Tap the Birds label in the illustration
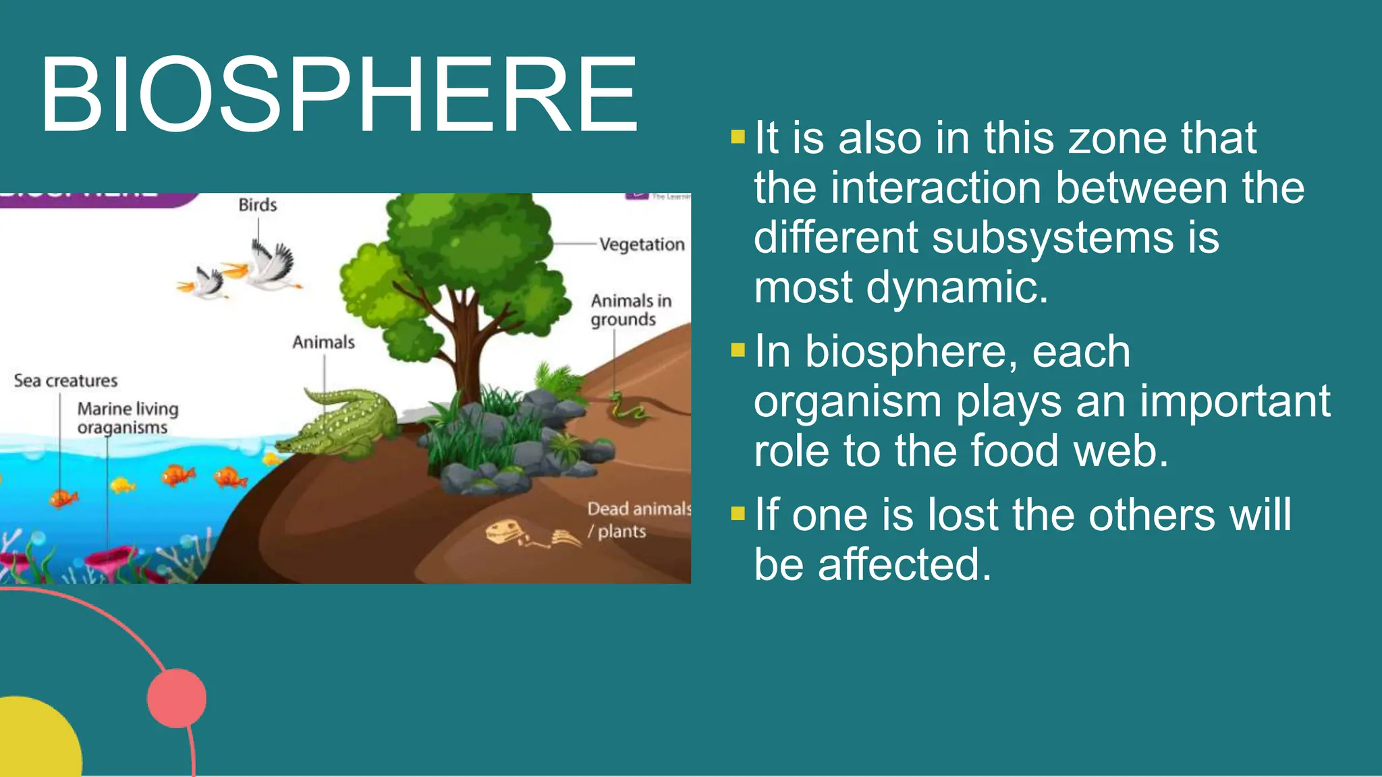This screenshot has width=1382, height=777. coord(257,205)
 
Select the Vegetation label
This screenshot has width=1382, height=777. coord(641,244)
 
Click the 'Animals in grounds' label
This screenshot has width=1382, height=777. coord(630,310)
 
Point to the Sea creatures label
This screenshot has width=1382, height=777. coord(65,381)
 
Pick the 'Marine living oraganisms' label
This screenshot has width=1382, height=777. coord(127,418)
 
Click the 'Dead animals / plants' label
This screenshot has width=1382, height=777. coord(637,519)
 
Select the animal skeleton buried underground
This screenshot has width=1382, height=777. coord(530,534)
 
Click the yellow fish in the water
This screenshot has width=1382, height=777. coord(122,484)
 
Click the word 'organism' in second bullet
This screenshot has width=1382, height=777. coord(847,402)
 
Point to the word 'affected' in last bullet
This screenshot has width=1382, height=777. coord(904,565)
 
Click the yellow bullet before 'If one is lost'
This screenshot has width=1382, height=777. coord(738,514)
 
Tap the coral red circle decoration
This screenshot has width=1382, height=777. coord(177,698)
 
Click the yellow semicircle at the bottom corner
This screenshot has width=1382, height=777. coord(34,742)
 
